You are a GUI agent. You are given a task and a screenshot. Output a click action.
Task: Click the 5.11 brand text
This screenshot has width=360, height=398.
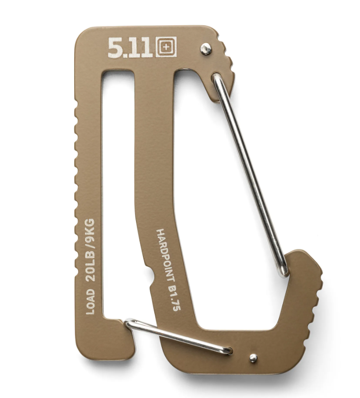pyautogui.click(x=130, y=48)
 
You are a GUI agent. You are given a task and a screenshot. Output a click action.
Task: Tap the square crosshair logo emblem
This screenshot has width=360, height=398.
pyautogui.click(x=166, y=47)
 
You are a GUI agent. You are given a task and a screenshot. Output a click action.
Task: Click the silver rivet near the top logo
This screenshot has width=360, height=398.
pyautogui.click(x=206, y=49)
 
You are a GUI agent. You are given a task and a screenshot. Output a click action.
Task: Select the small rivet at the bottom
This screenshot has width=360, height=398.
pyautogui.click(x=253, y=358)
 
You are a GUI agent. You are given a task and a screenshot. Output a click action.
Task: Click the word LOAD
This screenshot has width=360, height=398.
pyautogui.click(x=90, y=301)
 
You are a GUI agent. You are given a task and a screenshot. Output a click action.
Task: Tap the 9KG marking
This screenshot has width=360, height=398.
pyautogui.click(x=90, y=231)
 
